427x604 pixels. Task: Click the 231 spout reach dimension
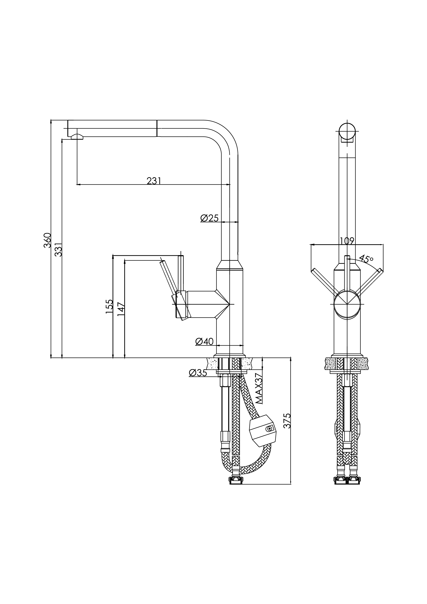[x=153, y=181]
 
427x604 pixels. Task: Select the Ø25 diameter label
[x=209, y=218]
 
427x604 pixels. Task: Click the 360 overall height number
[x=47, y=240]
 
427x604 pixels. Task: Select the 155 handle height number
[x=109, y=306]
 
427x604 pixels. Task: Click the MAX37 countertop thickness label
[x=259, y=392]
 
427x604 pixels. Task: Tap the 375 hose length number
[x=287, y=421]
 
